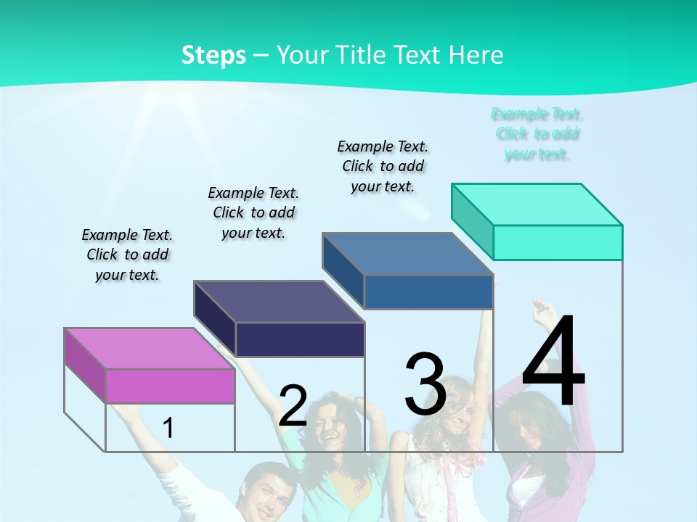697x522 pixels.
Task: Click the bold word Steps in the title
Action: tap(213, 55)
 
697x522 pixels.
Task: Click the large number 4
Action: tap(553, 362)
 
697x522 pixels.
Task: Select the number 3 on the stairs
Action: tap(425, 384)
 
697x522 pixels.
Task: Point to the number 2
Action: tap(293, 406)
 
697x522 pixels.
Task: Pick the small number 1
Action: tap(168, 428)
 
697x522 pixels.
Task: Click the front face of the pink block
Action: tap(170, 386)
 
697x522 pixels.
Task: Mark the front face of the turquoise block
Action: tap(558, 242)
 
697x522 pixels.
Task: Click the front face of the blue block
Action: tap(428, 291)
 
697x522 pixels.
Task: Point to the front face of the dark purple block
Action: tap(300, 339)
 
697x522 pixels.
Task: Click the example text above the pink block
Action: tap(127, 254)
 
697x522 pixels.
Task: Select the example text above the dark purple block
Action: tap(253, 212)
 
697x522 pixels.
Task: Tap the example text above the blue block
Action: tap(383, 166)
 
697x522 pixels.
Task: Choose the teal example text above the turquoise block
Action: tap(537, 133)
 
